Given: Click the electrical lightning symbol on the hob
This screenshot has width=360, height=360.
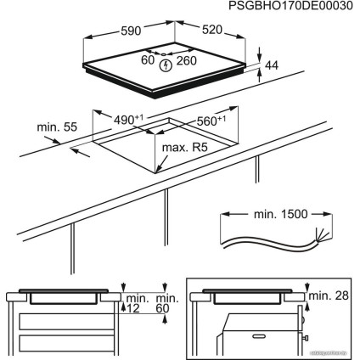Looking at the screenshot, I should tap(169, 62).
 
